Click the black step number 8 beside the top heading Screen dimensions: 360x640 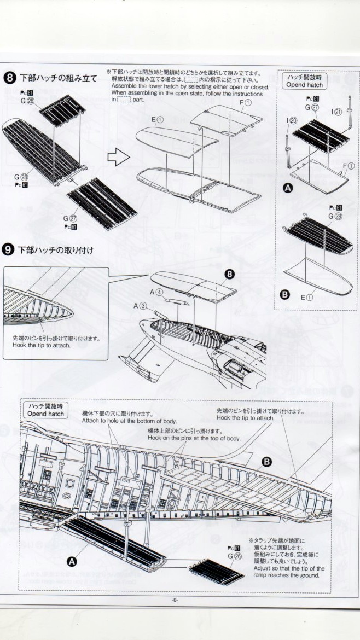(x=9, y=78)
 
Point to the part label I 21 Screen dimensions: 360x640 (x=338, y=112)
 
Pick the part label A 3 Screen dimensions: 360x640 (x=141, y=306)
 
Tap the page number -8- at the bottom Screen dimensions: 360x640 (x=175, y=600)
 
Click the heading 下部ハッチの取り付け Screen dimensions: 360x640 (x=56, y=250)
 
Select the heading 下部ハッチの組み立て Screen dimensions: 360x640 (x=58, y=78)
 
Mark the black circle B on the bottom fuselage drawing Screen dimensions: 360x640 (x=266, y=462)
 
